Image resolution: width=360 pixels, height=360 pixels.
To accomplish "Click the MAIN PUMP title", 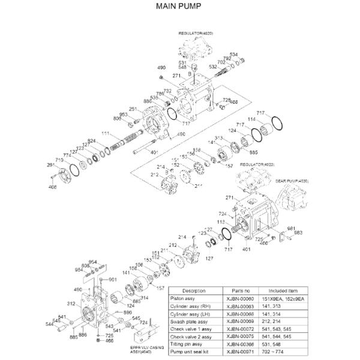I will pos(179,7).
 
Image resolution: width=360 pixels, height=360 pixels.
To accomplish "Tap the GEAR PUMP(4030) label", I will pos(292,179).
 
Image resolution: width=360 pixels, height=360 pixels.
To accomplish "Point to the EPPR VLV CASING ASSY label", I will pos(147,349).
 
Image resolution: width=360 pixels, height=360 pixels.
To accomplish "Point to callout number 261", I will pos(51,165).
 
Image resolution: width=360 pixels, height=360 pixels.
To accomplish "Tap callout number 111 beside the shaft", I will pos(105,133).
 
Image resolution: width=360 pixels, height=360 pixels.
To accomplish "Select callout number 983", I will pos(298,232).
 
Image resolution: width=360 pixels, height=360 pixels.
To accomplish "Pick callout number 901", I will pos(112,280).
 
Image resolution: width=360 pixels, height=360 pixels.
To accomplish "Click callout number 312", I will pos(71,304).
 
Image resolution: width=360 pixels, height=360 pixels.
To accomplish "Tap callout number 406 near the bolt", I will pos(53,188).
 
